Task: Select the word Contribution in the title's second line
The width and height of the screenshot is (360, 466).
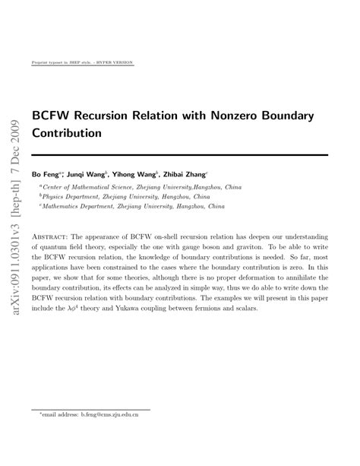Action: pos(67,132)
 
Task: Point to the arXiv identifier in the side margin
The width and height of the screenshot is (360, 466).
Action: pos(14,243)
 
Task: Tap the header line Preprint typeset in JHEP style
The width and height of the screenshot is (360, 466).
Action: pos(74,62)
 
